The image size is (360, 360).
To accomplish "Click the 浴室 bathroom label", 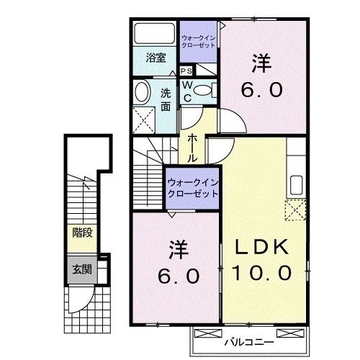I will tap(156, 57).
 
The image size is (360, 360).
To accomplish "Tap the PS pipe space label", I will tap(186, 71).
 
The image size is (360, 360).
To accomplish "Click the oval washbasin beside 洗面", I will tap(143, 91).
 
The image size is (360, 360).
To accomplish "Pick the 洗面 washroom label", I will tap(166, 99).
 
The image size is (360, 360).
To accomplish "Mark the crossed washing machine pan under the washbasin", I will tap(145, 118).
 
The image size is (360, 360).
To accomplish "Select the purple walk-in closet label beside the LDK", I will tap(192, 189).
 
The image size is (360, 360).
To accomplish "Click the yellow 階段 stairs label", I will tap(81, 233).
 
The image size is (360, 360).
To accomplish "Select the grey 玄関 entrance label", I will tap(81, 270).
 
